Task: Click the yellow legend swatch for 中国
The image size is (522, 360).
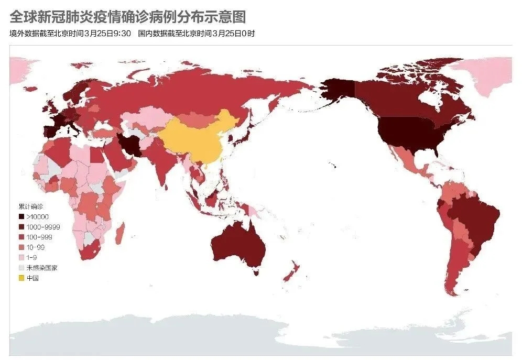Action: [x=21, y=278]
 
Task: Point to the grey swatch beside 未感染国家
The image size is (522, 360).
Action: [x=21, y=268]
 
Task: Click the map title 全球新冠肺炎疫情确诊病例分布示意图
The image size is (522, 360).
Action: [x=128, y=17]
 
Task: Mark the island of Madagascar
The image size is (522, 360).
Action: [x=119, y=231]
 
